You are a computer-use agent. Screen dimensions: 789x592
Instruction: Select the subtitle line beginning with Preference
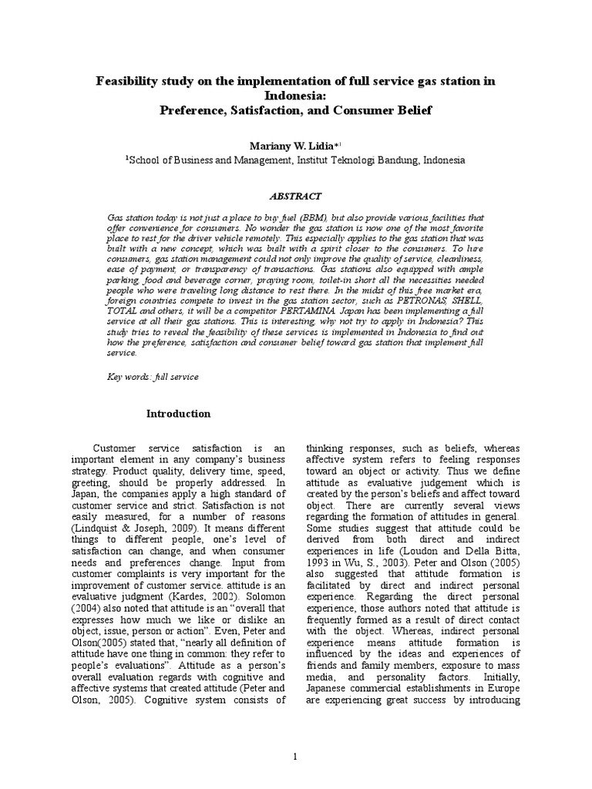(x=296, y=109)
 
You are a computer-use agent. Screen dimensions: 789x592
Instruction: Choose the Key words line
(x=152, y=377)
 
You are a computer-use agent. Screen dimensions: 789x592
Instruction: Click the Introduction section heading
(x=179, y=414)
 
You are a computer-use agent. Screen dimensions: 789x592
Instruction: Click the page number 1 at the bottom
(x=295, y=757)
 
